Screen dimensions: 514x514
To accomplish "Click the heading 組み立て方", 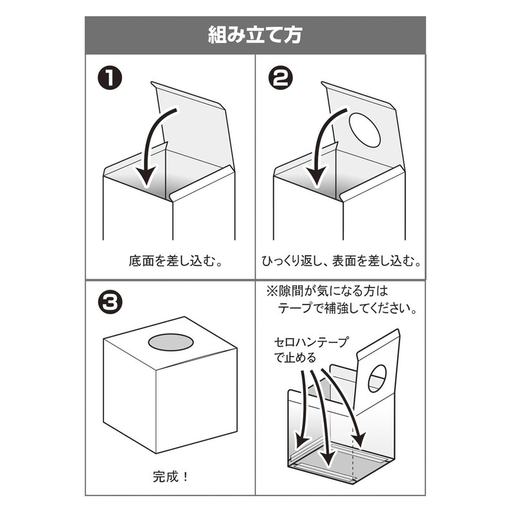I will pyautogui.click(x=255, y=35).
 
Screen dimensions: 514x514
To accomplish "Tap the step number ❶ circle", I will pyautogui.click(x=111, y=80).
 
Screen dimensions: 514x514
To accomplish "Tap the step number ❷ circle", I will pyautogui.click(x=281, y=80).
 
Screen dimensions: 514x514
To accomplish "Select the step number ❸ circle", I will pyautogui.click(x=111, y=303).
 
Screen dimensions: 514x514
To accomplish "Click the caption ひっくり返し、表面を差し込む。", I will pyautogui.click(x=341, y=261).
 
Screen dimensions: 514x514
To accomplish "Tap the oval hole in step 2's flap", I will pyautogui.click(x=364, y=128).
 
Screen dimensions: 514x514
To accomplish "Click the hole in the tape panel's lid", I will pyautogui.click(x=377, y=378).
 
